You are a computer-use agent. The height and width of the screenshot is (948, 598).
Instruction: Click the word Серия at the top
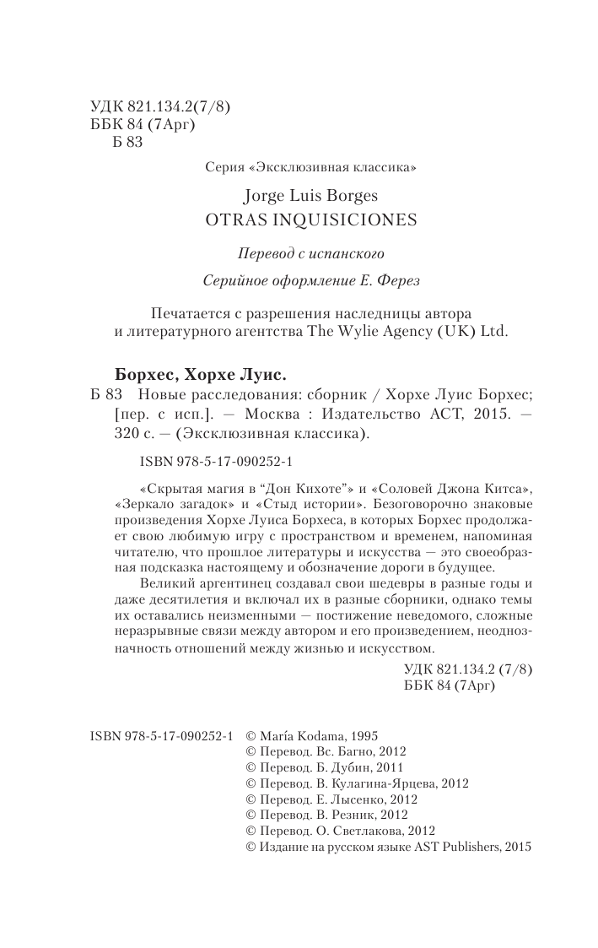221,168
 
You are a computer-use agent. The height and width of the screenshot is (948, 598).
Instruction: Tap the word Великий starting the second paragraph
161,561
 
